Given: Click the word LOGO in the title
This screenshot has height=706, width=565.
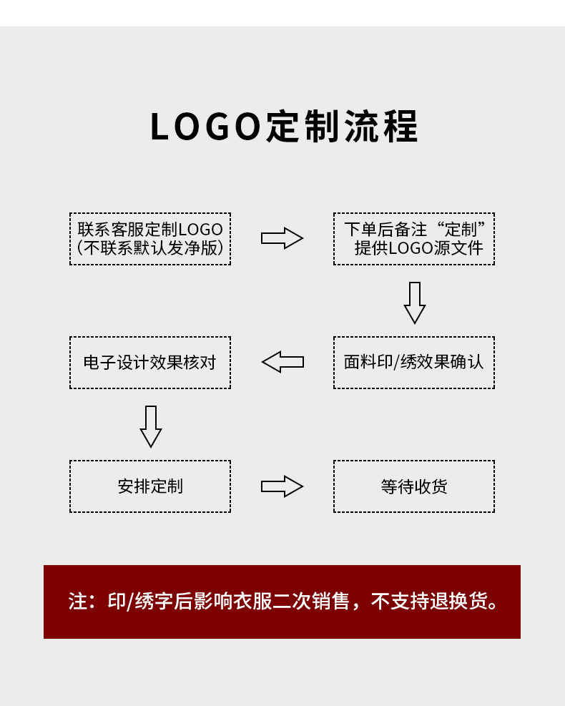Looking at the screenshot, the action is click(205, 127).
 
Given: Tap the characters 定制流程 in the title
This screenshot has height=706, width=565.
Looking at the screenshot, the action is click(342, 127).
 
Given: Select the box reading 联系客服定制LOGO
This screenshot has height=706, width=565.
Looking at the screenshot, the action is click(150, 239).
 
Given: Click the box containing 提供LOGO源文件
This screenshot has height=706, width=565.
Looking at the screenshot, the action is click(413, 239).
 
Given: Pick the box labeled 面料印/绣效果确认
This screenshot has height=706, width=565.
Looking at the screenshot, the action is click(413, 363).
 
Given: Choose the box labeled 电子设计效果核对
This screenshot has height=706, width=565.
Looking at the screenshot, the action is click(150, 363).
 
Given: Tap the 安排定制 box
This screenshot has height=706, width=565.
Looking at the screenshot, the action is click(150, 486).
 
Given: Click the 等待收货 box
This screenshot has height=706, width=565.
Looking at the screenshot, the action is click(413, 486).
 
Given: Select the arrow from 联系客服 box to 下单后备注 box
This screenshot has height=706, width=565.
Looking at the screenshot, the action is click(282, 238).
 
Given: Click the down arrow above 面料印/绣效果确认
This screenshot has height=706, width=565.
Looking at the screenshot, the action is click(415, 303).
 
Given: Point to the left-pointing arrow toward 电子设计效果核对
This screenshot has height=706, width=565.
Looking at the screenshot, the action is click(282, 362).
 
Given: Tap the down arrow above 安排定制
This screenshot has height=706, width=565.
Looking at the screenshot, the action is click(151, 426).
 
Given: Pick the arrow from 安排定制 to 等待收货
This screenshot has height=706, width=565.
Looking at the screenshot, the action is click(282, 486).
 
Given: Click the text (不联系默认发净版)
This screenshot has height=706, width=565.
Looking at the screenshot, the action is click(150, 248).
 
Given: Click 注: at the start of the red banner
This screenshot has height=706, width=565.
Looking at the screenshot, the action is click(82, 602).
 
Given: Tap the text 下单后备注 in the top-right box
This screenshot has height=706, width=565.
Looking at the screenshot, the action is click(385, 230).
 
